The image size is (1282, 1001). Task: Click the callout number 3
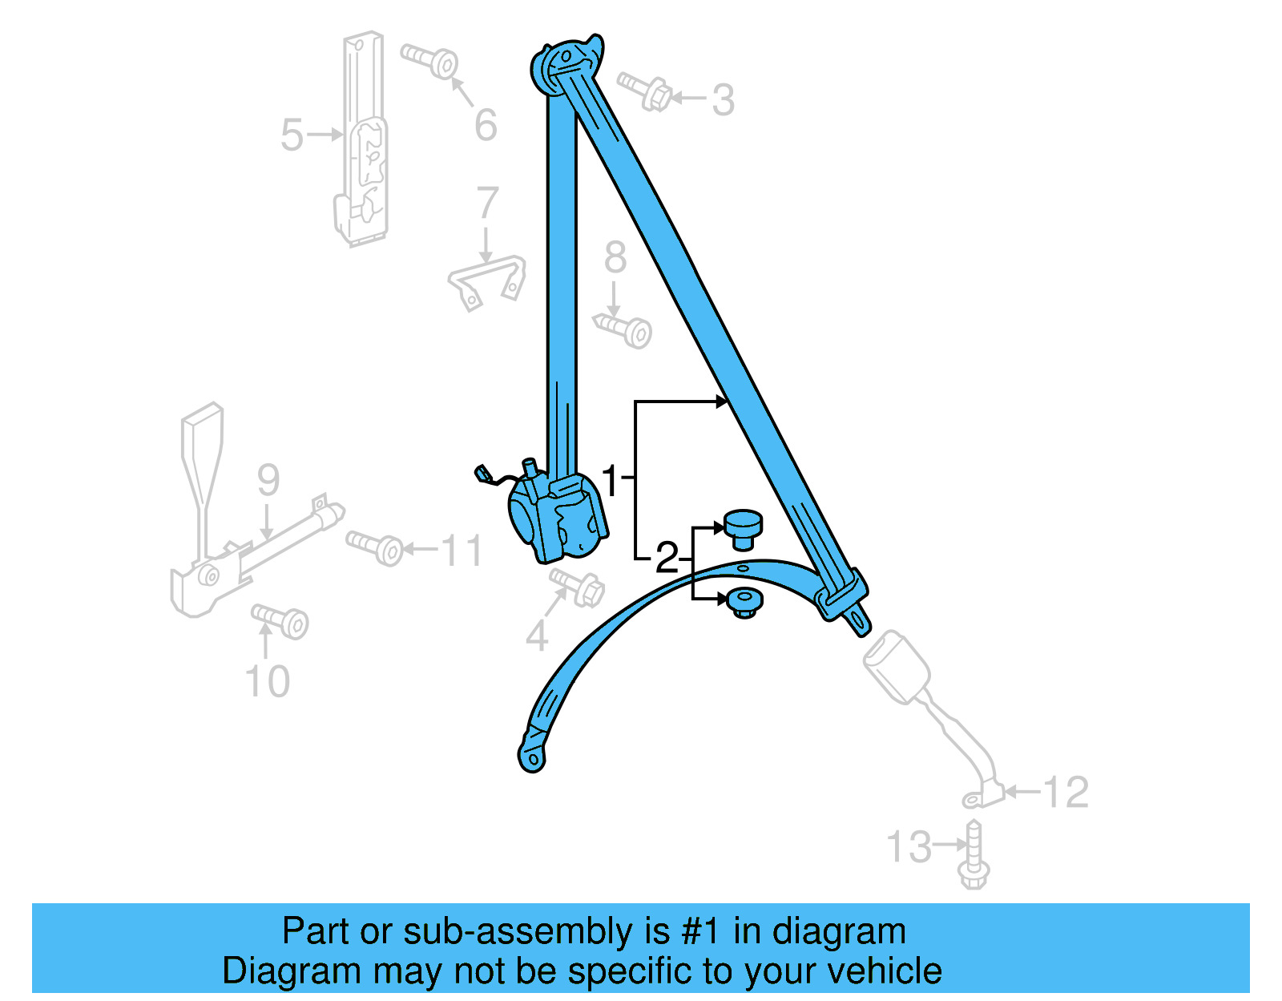tap(723, 100)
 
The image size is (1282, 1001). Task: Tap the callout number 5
tap(292, 135)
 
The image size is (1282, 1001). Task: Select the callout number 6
tap(486, 125)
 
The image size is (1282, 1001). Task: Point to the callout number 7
tap(487, 203)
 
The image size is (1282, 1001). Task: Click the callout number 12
tap(1066, 793)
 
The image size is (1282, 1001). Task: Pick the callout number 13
tap(909, 847)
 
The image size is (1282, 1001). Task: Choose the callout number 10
tap(267, 682)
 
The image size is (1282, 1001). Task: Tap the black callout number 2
tap(667, 558)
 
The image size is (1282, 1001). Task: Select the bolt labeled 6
tap(433, 60)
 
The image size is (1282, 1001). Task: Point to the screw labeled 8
tap(624, 329)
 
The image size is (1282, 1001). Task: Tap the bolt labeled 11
tap(377, 547)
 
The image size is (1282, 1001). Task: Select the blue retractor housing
tap(557, 517)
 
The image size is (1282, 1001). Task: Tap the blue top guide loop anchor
tap(566, 59)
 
